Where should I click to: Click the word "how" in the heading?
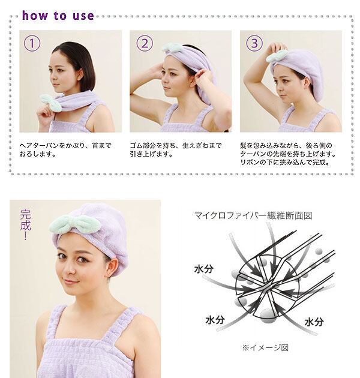pos(35,16)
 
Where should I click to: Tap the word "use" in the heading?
pos(83,16)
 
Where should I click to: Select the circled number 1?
pos(32,43)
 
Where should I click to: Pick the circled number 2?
pos(145,43)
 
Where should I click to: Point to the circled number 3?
pos(254,43)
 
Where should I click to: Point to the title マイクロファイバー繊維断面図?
pos(253,215)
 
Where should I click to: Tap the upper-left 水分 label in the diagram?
pos(204,269)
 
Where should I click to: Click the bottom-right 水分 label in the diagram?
pos(314,322)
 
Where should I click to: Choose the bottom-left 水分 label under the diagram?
pos(215,320)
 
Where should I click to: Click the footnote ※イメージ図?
pos(265,347)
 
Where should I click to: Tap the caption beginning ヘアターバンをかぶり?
pos(65,150)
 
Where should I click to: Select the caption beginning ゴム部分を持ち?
pos(176,150)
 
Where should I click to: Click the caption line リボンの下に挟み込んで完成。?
pos(285,162)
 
